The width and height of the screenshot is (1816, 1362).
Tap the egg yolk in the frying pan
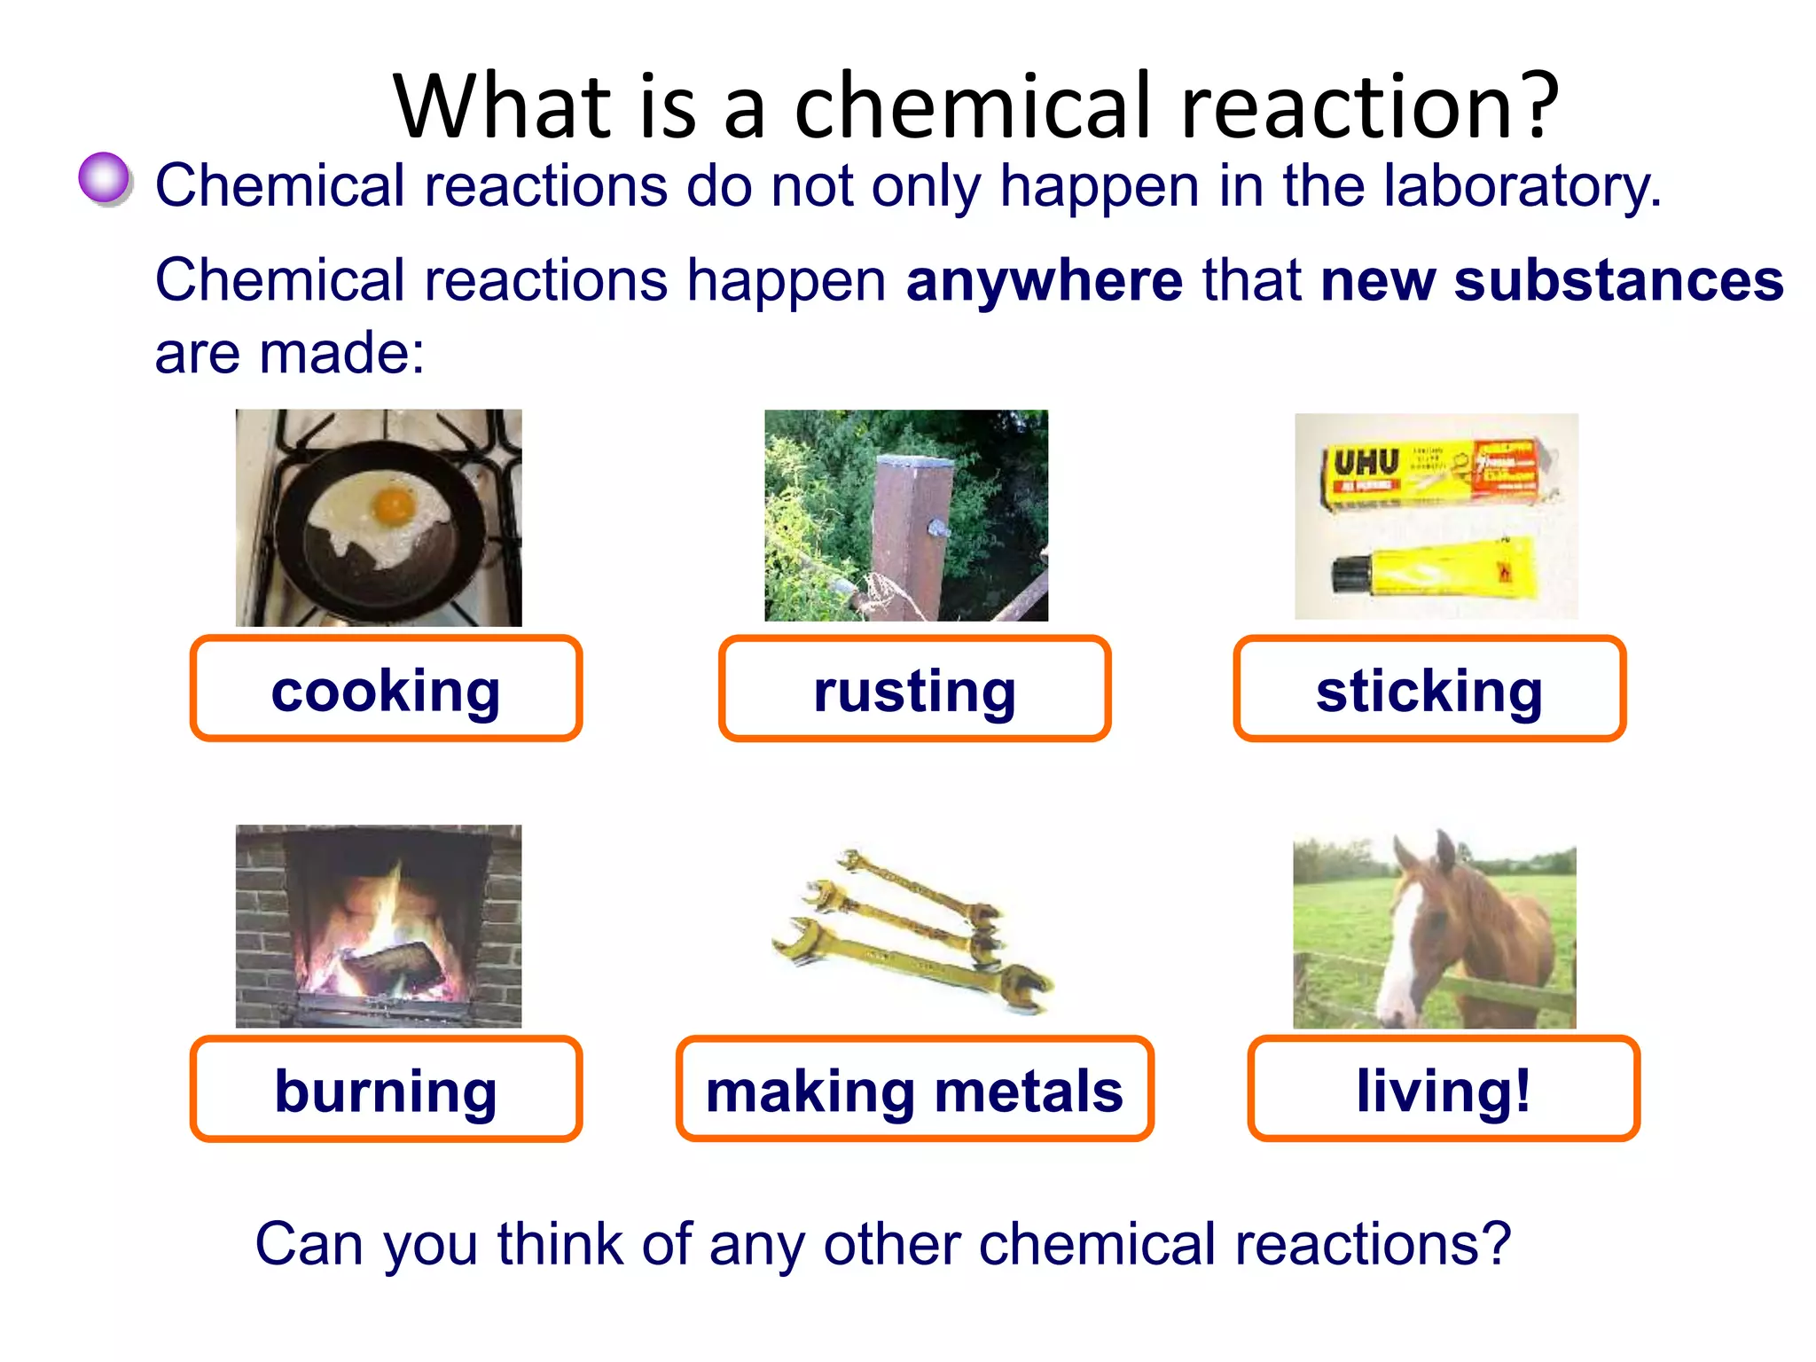tap(393, 505)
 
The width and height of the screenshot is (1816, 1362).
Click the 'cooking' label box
tap(386, 689)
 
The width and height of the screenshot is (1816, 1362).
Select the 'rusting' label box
tap(914, 689)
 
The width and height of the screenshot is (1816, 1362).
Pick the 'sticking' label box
tap(1429, 689)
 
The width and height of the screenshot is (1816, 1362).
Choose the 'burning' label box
tap(386, 1089)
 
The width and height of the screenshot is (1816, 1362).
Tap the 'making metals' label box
tap(914, 1089)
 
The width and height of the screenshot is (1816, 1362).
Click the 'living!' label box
tap(1444, 1089)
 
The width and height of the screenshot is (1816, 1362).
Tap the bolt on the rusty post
tap(937, 529)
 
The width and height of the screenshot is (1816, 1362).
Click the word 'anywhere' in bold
tap(1045, 280)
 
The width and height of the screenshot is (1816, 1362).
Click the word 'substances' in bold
tap(1618, 280)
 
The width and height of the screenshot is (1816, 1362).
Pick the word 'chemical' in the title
tap(975, 106)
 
